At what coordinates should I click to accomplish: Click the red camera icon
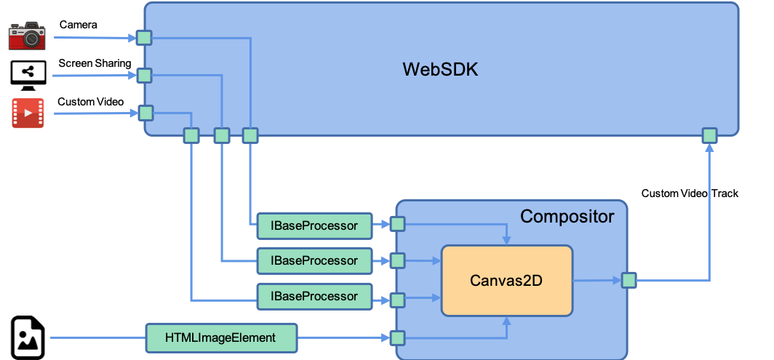click(x=28, y=36)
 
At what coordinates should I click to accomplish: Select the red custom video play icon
click(x=28, y=113)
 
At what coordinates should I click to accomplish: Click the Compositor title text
click(x=567, y=216)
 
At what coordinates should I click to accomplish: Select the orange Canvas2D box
click(x=507, y=280)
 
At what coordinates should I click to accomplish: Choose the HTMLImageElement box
click(x=221, y=337)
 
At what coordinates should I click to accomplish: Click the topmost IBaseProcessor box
click(x=314, y=225)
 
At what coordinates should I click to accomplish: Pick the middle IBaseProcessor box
click(x=314, y=260)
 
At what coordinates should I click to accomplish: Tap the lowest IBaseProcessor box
click(x=314, y=296)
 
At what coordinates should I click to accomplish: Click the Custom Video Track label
click(x=690, y=193)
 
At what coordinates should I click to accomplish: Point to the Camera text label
click(x=78, y=25)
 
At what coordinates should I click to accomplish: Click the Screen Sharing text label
click(x=95, y=63)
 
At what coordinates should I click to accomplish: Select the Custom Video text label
click(x=90, y=101)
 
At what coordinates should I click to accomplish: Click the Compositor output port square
click(x=629, y=280)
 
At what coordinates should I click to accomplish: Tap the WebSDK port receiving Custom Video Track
click(x=709, y=135)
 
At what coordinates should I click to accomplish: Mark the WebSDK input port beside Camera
click(x=144, y=38)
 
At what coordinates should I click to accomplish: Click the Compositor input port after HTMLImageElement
click(x=397, y=337)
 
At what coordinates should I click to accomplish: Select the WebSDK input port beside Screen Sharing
click(x=144, y=75)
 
